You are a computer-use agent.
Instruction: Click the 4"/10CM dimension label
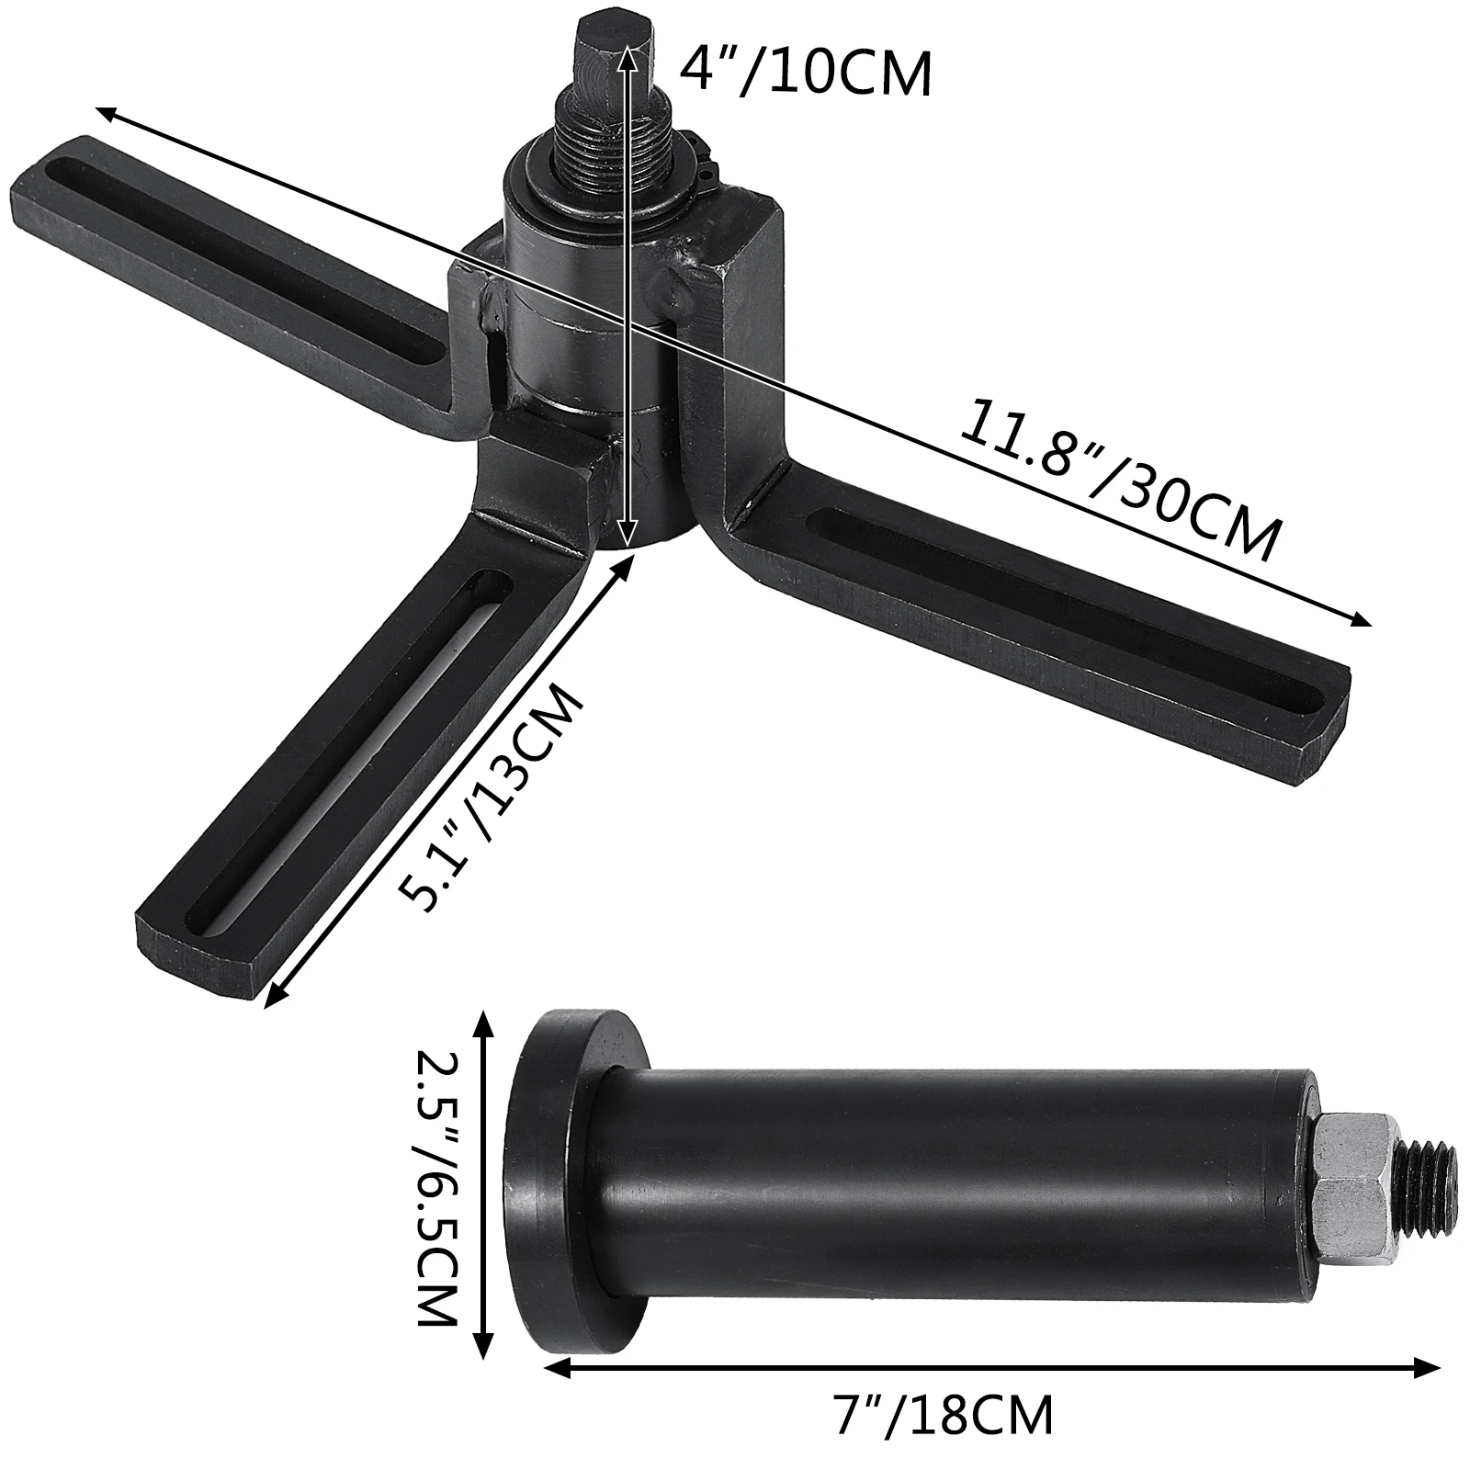coord(806,73)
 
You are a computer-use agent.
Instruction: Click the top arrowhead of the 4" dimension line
coord(627,48)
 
